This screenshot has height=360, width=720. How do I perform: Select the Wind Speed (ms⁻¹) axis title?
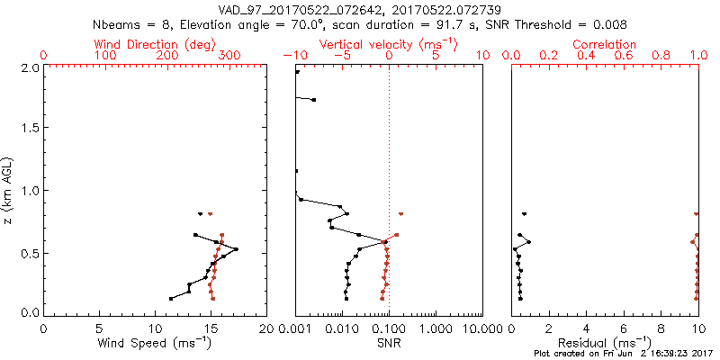tap(155, 343)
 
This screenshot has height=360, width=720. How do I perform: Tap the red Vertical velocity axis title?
tap(388, 44)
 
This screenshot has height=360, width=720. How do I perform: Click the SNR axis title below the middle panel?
tap(388, 343)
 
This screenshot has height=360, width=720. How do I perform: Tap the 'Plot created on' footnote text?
tap(621, 355)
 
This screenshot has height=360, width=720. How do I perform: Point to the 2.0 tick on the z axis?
tap(29, 67)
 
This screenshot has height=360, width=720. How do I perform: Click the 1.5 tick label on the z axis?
tap(29, 129)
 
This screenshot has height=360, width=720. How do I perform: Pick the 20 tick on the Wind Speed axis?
tap(266, 329)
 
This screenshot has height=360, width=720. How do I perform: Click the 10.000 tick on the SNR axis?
tap(481, 329)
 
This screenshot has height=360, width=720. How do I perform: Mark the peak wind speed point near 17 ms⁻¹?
tap(236, 249)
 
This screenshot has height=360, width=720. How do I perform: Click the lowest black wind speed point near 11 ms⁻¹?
tap(171, 298)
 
